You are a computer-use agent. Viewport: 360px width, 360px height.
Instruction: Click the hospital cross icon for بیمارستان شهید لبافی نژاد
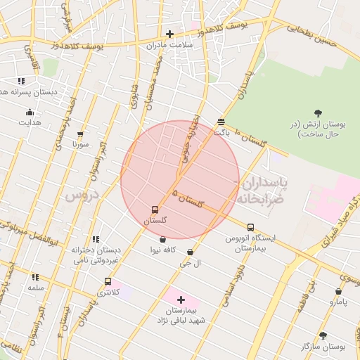[181, 300]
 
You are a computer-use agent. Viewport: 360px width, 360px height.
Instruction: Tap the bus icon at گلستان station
[155, 210]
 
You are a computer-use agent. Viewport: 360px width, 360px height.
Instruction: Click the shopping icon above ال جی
[191, 252]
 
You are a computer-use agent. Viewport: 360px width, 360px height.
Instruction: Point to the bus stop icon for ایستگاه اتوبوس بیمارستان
[251, 227]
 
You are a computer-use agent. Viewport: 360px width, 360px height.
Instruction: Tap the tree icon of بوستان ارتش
[319, 112]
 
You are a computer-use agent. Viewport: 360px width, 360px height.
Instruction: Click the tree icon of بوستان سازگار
[323, 336]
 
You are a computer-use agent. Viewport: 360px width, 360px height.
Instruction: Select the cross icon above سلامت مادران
[169, 34]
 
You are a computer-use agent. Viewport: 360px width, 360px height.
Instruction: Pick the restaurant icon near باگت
[221, 121]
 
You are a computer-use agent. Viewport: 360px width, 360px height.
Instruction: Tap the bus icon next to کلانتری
[108, 281]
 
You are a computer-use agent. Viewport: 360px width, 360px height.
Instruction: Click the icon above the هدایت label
[30, 112]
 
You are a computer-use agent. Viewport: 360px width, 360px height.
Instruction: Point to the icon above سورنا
[79, 134]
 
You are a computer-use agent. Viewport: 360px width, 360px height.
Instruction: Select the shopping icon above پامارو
[339, 291]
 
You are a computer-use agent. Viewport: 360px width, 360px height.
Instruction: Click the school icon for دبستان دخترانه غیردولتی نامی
[96, 239]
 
